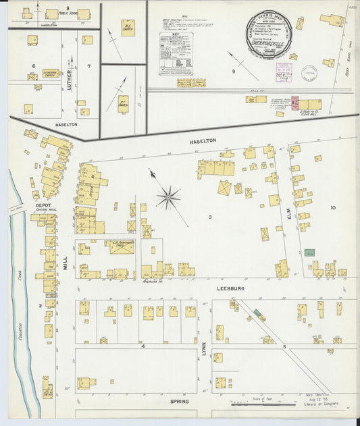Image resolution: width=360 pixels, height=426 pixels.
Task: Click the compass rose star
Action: click(168, 198)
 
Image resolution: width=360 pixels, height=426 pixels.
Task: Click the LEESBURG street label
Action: click(230, 288)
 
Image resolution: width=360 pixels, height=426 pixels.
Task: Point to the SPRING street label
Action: click(180, 401)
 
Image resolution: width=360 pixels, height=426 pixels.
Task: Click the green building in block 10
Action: click(309, 252)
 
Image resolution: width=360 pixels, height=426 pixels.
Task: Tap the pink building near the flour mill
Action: click(295, 103)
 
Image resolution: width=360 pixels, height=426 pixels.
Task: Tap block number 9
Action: click(234, 71)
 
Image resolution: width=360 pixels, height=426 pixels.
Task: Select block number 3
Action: click(210, 217)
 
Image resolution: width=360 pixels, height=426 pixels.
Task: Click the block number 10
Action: click(332, 208)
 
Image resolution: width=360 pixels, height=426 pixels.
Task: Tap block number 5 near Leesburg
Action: click(284, 346)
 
